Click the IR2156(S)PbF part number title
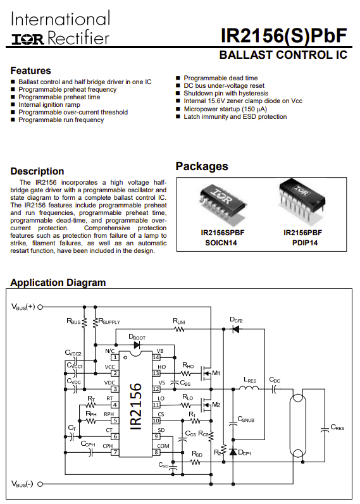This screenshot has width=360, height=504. [283, 35]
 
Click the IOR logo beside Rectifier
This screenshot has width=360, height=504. [28, 39]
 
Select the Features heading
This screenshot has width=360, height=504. [30, 70]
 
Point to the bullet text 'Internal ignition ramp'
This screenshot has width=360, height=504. [49, 104]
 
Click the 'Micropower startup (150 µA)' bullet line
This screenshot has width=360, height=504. [225, 109]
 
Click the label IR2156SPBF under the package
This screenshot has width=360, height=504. [222, 233]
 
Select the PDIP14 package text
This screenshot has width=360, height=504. [305, 243]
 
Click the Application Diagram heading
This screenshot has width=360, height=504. [58, 283]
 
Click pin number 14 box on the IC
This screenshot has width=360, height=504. [156, 357]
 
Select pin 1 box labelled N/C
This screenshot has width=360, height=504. [115, 357]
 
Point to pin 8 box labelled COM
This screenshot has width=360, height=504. [156, 452]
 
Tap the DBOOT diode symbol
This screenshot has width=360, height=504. [137, 345]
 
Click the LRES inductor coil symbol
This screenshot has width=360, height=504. [249, 388]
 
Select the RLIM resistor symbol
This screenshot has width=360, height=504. [179, 329]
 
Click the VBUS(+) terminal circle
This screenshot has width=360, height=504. [40, 307]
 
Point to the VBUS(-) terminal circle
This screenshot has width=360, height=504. [40, 484]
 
